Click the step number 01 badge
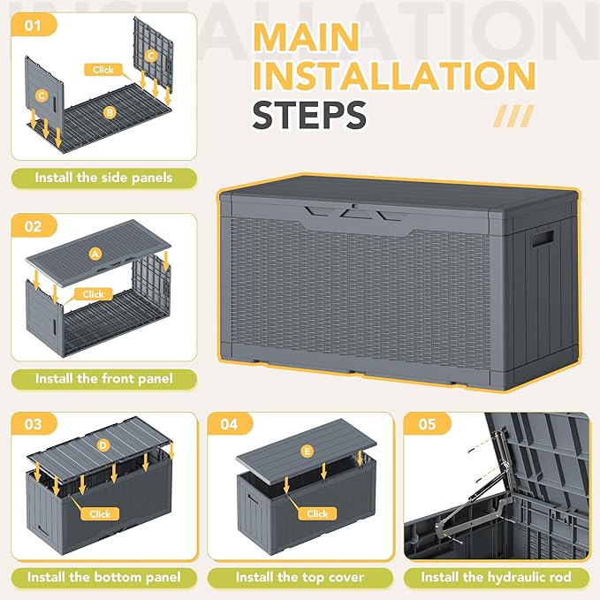coord(34,26)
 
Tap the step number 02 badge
coord(34,226)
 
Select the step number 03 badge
coord(34,424)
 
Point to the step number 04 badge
coord(230,424)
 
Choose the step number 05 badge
coord(428,424)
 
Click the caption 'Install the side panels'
coord(103,178)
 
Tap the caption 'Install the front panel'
coord(103,379)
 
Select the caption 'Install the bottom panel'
coord(103,577)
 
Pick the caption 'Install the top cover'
coord(300,577)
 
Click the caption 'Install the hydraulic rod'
coord(497,577)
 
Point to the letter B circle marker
coord(110,112)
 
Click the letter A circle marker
coord(95,254)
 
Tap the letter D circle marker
coord(103,445)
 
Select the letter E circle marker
coord(307,452)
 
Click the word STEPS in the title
coord(309,115)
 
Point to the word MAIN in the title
coord(306,37)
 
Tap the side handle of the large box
coord(542,239)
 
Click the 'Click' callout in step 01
coord(103,70)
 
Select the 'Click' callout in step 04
coord(317,513)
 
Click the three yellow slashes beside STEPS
coord(513,116)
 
